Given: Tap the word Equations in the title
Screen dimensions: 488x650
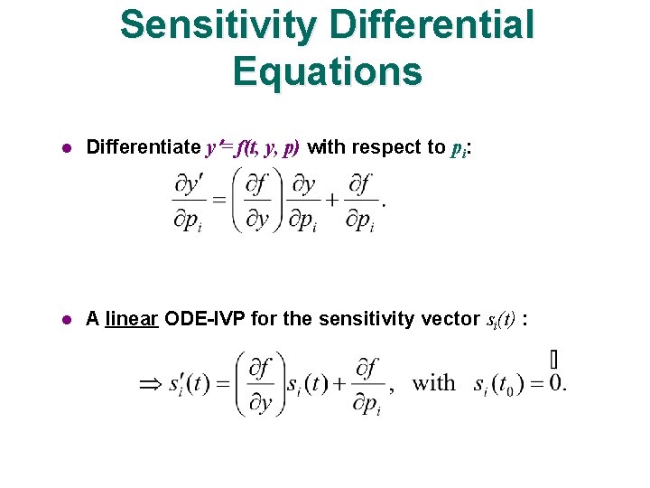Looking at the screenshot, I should tap(327, 70).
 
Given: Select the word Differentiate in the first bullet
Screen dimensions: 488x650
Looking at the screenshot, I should tap(143, 147).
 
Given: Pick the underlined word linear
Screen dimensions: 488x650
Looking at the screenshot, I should tap(132, 318).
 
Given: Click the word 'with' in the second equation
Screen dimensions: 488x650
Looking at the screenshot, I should tap(434, 382).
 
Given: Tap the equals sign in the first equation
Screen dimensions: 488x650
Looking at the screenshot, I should tap(218, 202).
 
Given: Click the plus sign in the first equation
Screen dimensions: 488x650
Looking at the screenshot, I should tap(332, 202).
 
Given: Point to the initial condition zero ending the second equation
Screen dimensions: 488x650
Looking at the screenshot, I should tap(554, 383).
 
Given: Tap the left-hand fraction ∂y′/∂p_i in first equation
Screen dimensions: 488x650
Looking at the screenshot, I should tap(189, 202).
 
